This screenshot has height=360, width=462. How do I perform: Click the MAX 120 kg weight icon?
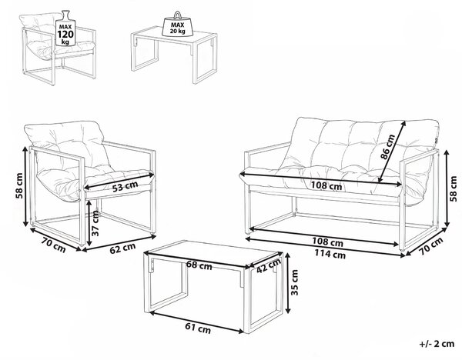(65, 28)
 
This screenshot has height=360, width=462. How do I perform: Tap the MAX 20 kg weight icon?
(177, 25)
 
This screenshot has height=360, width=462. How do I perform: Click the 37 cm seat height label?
(95, 223)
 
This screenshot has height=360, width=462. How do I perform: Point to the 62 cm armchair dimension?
(122, 248)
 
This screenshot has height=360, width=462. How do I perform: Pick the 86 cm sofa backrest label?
(388, 147)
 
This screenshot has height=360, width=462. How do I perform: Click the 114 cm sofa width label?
(330, 253)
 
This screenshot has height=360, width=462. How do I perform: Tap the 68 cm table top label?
(199, 265)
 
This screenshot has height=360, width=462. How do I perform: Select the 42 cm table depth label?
(269, 265)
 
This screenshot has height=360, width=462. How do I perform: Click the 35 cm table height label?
(294, 282)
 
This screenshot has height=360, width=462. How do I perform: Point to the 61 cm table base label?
(198, 328)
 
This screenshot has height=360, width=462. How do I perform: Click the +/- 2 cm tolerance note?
(437, 344)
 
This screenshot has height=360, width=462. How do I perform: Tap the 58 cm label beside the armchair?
(19, 185)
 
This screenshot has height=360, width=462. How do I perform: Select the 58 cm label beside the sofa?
(454, 188)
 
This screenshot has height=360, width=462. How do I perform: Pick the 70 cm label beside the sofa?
(431, 246)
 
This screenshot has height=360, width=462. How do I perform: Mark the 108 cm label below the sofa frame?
(328, 242)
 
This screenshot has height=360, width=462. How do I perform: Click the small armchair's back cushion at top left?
(37, 20)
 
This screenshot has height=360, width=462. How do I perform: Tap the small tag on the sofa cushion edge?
(437, 141)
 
